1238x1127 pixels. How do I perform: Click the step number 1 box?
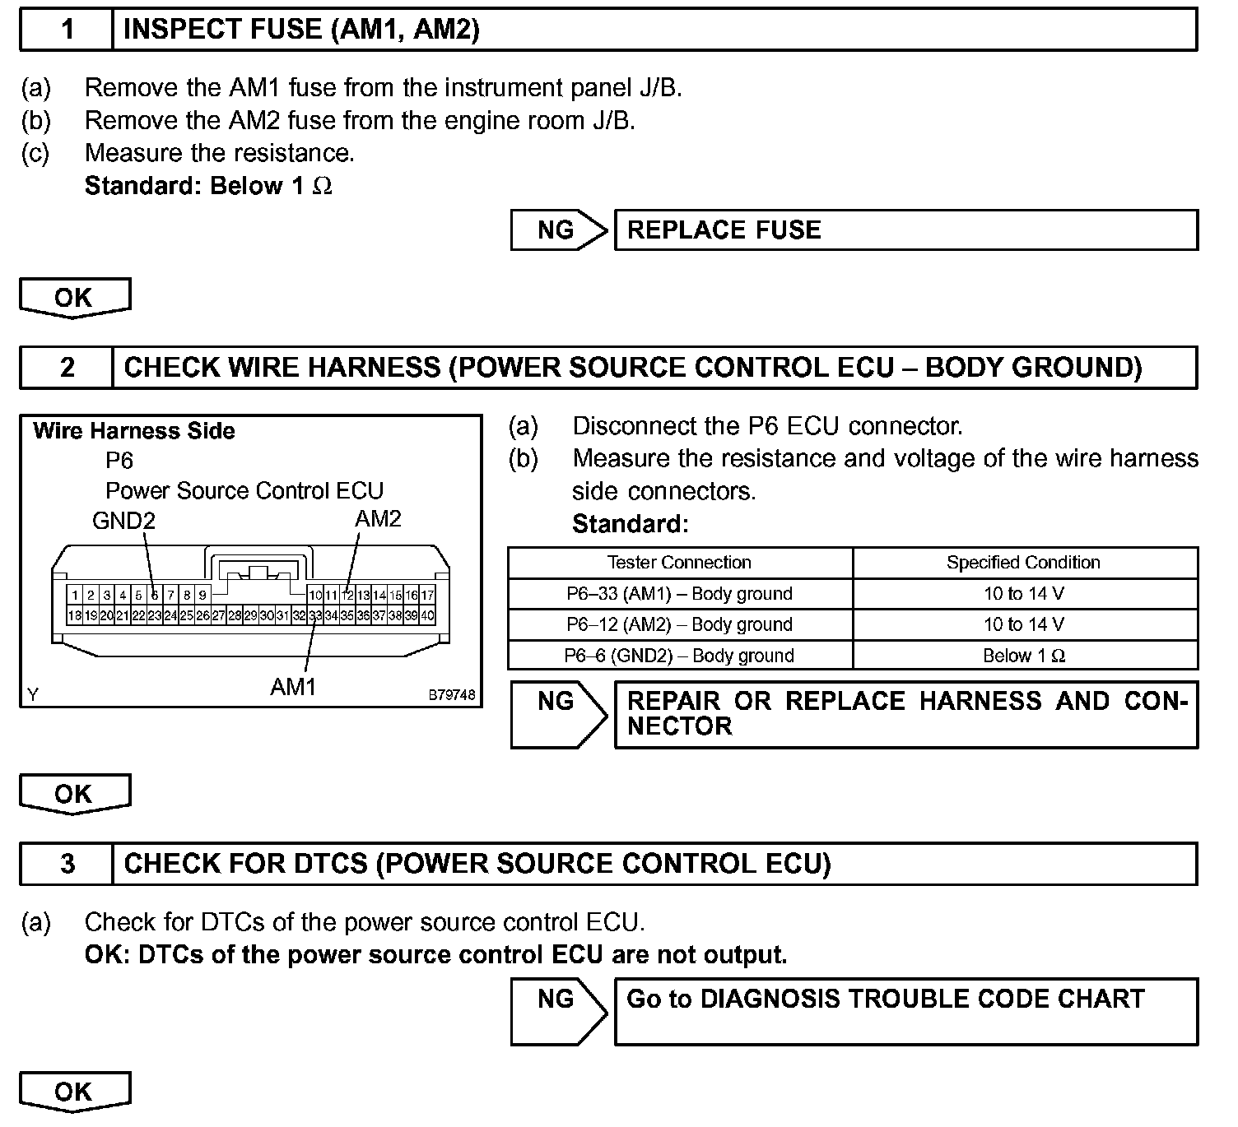pos(67,30)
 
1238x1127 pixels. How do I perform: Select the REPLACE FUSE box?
pos(905,230)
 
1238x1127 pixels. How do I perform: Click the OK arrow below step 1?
pos(74,297)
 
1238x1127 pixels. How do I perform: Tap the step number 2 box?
pos(67,367)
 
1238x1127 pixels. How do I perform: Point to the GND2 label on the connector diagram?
pos(123,521)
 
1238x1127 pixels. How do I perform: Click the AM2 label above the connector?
pos(378,518)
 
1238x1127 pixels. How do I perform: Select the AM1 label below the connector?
pos(293,686)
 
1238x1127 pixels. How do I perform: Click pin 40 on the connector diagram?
pos(427,615)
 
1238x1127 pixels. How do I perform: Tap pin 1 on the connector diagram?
pos(75,594)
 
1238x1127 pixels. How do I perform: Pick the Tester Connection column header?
pos(679,563)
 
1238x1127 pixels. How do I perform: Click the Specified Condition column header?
pos(1023,563)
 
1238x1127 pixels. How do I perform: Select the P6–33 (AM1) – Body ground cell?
pos(679,594)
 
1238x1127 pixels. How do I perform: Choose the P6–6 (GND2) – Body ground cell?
pos(679,656)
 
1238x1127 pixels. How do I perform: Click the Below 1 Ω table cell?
pos(1023,656)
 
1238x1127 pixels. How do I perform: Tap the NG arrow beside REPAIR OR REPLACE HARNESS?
pos(558,714)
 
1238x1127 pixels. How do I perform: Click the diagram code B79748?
pos(451,694)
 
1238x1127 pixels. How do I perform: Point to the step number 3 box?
pos(67,864)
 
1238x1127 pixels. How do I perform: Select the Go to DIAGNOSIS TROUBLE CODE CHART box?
pos(905,1011)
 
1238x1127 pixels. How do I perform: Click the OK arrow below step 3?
pos(74,1092)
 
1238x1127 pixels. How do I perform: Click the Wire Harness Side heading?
pos(134,431)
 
